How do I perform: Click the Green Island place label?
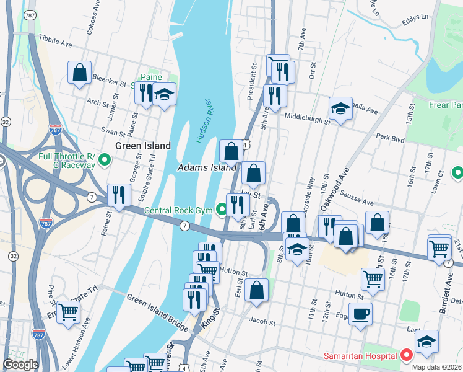(143, 146)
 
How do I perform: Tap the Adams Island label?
(207, 167)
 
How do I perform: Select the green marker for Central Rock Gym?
(223, 210)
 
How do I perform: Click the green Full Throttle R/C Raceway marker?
(105, 160)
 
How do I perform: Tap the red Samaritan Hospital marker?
(406, 355)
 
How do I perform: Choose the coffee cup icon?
(360, 313)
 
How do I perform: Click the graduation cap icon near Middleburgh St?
(340, 108)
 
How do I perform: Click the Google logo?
(20, 365)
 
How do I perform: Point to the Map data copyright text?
(436, 367)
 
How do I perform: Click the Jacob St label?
(261, 321)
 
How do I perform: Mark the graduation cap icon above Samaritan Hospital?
(426, 341)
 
